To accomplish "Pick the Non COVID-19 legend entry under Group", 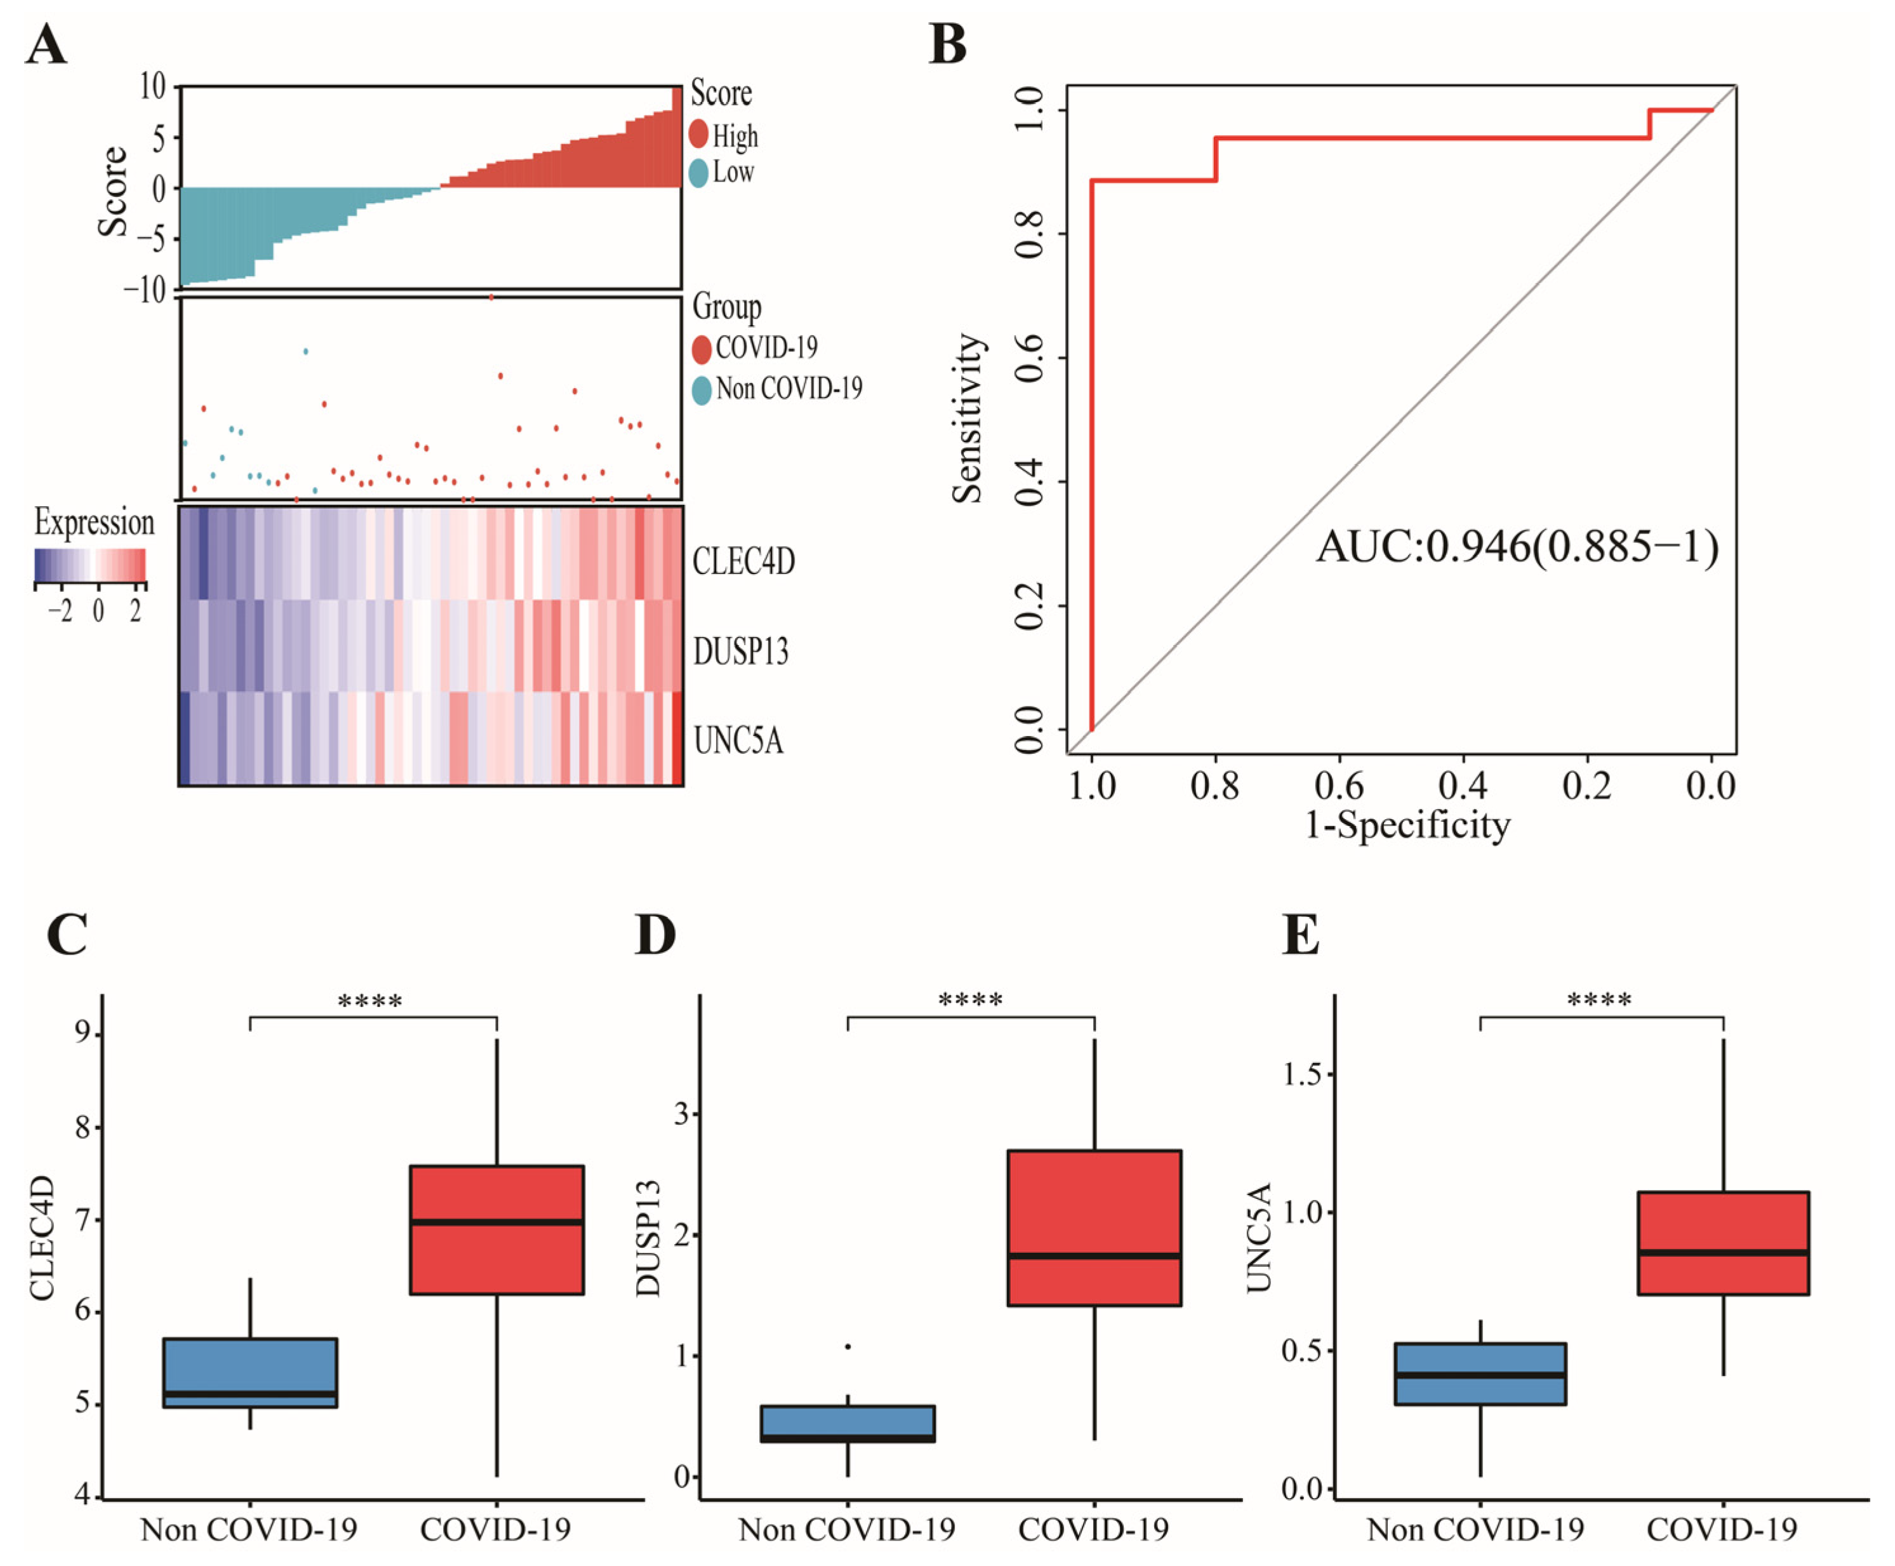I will click(x=776, y=389).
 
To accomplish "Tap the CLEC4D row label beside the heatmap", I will click(x=743, y=561).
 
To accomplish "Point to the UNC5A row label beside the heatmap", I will click(x=738, y=740).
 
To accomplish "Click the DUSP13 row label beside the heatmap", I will click(x=740, y=650).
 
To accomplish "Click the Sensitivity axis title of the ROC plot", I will click(x=967, y=418).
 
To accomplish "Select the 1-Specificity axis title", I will click(x=1407, y=824).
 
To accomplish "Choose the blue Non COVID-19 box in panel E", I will click(x=1479, y=1374).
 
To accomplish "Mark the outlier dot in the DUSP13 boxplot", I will click(x=848, y=1347).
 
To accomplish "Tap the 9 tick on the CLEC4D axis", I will click(x=83, y=1031).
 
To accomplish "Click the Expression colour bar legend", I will click(x=90, y=565).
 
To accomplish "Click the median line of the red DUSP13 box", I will click(x=1094, y=1255).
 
